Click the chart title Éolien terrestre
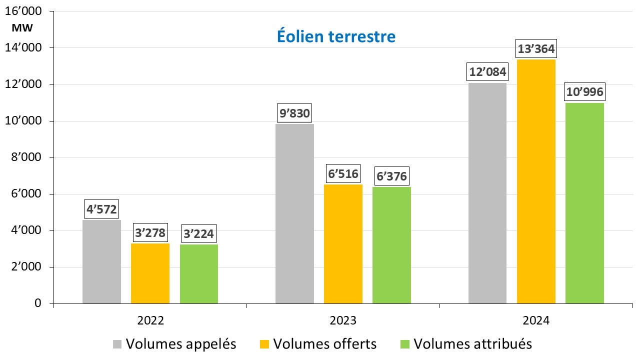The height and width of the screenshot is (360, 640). tap(336, 36)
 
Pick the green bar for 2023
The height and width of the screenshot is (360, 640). tap(391, 245)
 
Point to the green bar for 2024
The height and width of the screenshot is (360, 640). tap(584, 203)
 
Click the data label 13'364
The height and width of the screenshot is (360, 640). tap(536, 50)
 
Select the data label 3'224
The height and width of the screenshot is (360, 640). tap(199, 233)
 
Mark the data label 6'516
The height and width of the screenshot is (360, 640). tap(343, 174)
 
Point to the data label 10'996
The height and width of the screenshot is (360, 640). tap(584, 92)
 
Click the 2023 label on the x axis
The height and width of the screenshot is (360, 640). tap(343, 320)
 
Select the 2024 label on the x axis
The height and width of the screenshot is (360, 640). tap(536, 320)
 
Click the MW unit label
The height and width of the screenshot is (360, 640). tap(22, 28)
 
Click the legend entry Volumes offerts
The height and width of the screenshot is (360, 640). tap(325, 344)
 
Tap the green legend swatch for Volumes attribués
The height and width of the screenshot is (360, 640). tap(405, 344)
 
